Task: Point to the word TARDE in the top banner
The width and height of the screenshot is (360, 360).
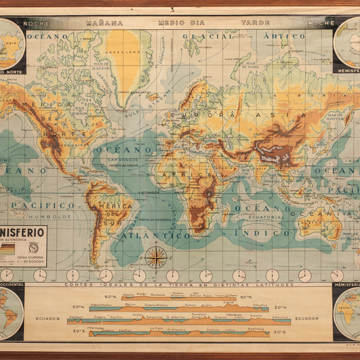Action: [x=255, y=22]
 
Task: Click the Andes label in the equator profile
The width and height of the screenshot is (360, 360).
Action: [x=137, y=315]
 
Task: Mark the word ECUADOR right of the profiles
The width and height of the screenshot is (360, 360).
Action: [x=307, y=318]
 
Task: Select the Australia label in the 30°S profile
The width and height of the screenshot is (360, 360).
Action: [x=255, y=329]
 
